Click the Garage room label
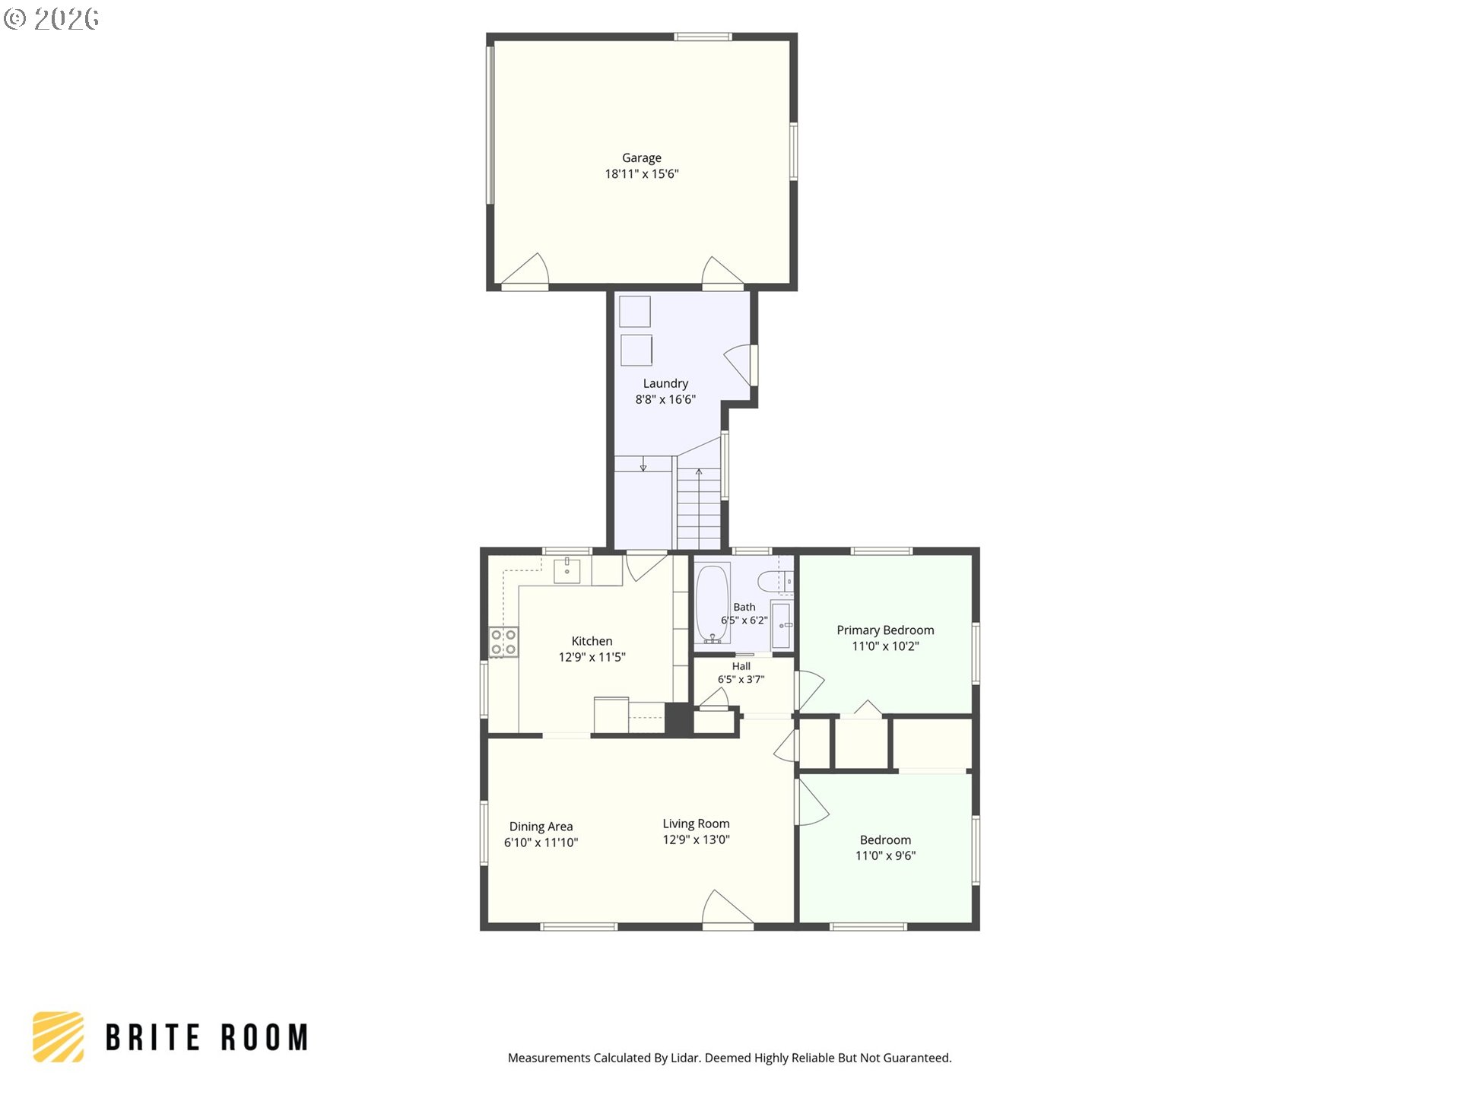click(x=641, y=158)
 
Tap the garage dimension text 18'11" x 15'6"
click(x=641, y=174)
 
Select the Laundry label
click(x=665, y=383)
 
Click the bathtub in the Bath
click(x=713, y=604)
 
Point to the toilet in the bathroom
click(x=775, y=582)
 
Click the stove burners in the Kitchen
click(x=503, y=641)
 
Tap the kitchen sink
click(x=567, y=570)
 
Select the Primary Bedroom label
click(x=885, y=630)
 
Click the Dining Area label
click(x=541, y=827)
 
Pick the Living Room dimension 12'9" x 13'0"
click(x=696, y=839)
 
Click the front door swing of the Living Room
click(x=728, y=909)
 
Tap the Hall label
click(x=741, y=666)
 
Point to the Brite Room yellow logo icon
click(x=58, y=1036)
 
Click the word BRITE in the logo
click(x=152, y=1037)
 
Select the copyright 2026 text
click(x=51, y=19)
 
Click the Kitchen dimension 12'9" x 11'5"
click(x=592, y=657)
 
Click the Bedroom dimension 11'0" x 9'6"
click(x=885, y=855)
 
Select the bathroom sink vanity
click(x=781, y=625)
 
